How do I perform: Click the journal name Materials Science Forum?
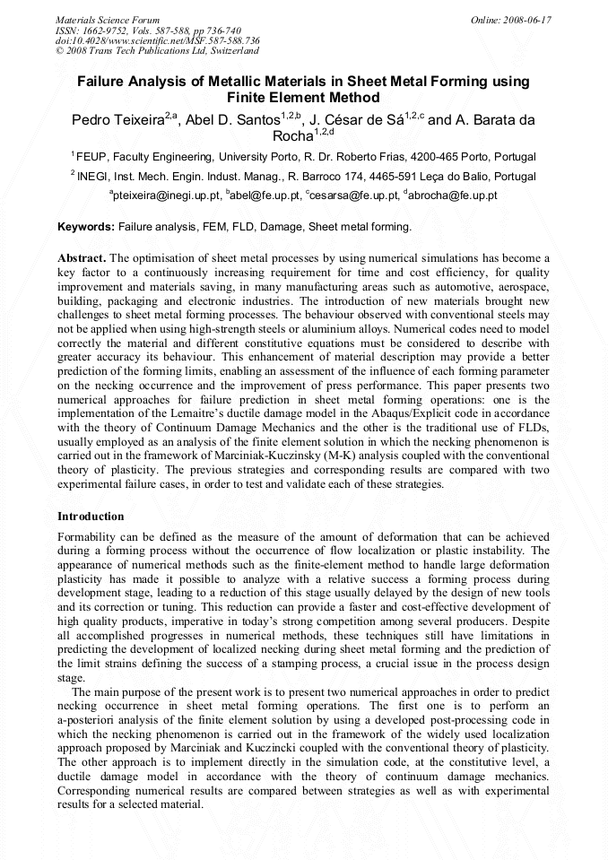pyautogui.click(x=108, y=19)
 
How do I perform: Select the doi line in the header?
pyautogui.click(x=158, y=40)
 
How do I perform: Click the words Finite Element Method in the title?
pyautogui.click(x=303, y=98)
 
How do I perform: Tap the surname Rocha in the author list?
pyautogui.click(x=292, y=136)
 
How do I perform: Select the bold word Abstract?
pyautogui.click(x=83, y=257)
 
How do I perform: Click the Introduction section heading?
pyautogui.click(x=91, y=517)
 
